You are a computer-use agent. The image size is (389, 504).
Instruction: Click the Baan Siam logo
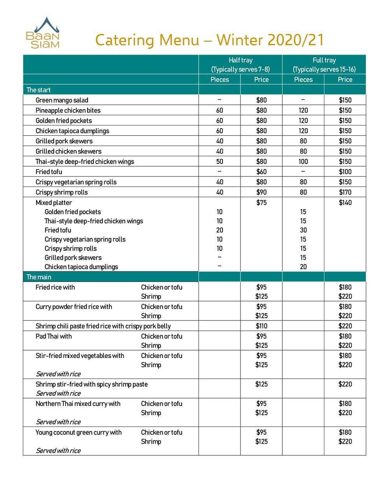(x=43, y=33)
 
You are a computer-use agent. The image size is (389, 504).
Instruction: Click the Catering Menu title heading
(x=209, y=40)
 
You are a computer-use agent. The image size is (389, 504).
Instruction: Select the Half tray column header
(x=240, y=65)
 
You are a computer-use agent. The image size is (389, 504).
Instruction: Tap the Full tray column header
(x=324, y=65)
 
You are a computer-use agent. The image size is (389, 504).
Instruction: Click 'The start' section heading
(x=39, y=90)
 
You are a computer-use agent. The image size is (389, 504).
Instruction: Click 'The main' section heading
(x=39, y=277)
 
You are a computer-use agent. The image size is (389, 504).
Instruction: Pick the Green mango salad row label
(x=62, y=100)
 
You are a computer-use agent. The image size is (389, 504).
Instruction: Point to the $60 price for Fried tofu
(x=261, y=172)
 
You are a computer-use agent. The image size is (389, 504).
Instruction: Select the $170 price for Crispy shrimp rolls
(x=345, y=192)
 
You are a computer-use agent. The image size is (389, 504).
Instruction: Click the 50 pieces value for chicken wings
(x=219, y=162)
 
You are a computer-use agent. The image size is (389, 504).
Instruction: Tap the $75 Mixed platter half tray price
(x=261, y=203)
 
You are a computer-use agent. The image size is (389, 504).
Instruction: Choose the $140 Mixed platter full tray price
(x=345, y=203)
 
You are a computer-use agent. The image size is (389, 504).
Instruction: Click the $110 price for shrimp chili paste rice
(x=261, y=326)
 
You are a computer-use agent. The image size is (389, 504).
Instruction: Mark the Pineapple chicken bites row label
(x=68, y=111)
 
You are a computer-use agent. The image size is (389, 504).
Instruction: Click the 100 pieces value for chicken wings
(x=303, y=162)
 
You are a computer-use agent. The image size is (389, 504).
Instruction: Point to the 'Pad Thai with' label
(x=54, y=336)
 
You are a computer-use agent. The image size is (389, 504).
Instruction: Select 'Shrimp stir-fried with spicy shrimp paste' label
(x=92, y=384)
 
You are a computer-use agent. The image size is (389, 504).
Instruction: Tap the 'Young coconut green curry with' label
(x=79, y=432)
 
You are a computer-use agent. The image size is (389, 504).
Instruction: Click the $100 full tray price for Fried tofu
(x=345, y=172)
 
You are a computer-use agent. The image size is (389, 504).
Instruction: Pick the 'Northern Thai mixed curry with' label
(x=78, y=404)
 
